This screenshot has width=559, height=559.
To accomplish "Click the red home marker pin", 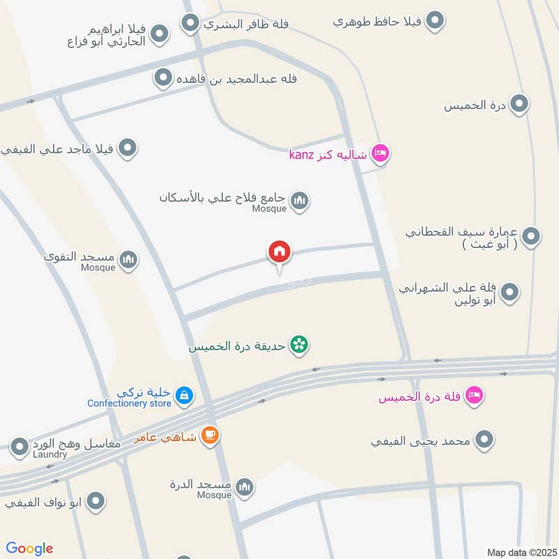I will (x=279, y=252).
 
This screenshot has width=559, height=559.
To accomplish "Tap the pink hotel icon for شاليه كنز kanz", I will (x=379, y=153).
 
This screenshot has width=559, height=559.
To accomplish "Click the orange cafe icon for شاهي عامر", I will (x=209, y=435).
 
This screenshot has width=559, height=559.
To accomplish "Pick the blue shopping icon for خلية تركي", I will (x=183, y=395).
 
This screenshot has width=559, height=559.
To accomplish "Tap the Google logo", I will (x=29, y=549).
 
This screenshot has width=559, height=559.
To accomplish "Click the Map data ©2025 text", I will (x=520, y=552).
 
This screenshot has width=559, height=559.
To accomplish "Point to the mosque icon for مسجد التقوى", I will (x=128, y=261).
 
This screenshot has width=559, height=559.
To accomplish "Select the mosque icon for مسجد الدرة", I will (x=244, y=486).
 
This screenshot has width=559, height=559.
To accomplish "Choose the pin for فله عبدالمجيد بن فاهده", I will (x=164, y=78).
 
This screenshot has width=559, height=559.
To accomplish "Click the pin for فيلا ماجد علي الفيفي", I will (x=127, y=148).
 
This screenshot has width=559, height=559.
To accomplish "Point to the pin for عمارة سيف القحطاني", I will (x=531, y=236).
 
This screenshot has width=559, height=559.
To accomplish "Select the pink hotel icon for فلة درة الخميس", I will (x=474, y=395).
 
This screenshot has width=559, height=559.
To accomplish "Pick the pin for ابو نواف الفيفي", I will (x=96, y=501).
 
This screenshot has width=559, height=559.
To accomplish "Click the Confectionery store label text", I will (x=129, y=403).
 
